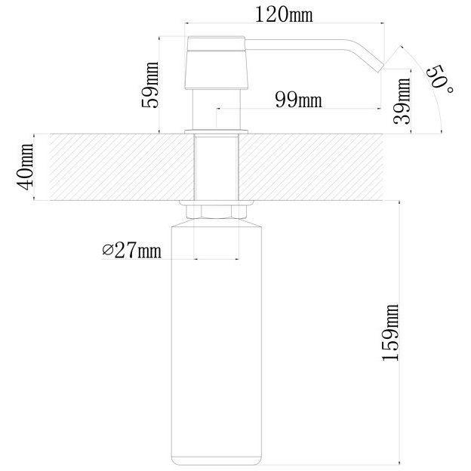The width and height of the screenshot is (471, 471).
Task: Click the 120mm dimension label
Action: (284, 14)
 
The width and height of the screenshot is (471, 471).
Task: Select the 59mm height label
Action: (150, 85)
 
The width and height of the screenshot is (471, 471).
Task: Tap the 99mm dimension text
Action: (299, 100)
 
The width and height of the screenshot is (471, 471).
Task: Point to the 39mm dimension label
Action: (402, 101)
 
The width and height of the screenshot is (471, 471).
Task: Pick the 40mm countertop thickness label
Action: (25, 167)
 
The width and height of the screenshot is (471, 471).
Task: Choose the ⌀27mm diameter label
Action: (131, 250)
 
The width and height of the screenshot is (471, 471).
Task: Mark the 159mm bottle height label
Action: (390, 333)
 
